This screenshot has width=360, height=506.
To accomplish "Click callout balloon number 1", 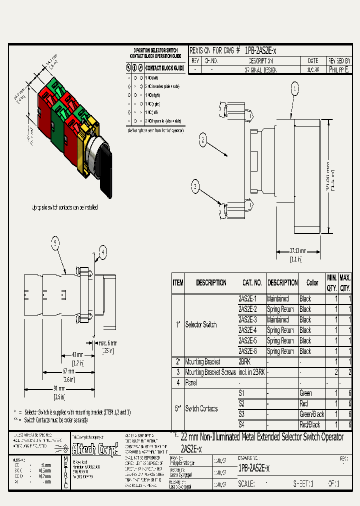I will (x=295, y=89).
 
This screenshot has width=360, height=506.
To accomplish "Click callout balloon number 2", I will (x=202, y=140).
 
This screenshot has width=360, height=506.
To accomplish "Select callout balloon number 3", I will (x=195, y=186).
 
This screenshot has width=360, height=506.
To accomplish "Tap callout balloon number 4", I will (x=102, y=253).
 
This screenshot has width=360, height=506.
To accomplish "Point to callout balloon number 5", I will (x=56, y=243).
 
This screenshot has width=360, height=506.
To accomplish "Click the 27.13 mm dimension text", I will (x=298, y=251).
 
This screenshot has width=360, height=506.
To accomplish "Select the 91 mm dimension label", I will (x=58, y=388).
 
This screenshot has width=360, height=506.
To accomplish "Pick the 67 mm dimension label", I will (x=68, y=371).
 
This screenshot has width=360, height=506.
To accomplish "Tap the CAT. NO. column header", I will (x=252, y=282).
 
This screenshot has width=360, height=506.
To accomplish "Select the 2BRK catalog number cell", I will (x=244, y=361).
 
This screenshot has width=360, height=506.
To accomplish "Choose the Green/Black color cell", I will (x=311, y=414).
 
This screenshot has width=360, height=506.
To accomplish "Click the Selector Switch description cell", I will (x=201, y=325).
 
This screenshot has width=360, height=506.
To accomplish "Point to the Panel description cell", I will (x=191, y=382).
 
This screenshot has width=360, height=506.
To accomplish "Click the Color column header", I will (x=312, y=282).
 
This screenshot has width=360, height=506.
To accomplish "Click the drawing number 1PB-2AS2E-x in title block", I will (x=253, y=468).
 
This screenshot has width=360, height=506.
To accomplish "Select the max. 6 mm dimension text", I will (x=106, y=343).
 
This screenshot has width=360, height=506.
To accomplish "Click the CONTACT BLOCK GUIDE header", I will (x=164, y=68).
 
